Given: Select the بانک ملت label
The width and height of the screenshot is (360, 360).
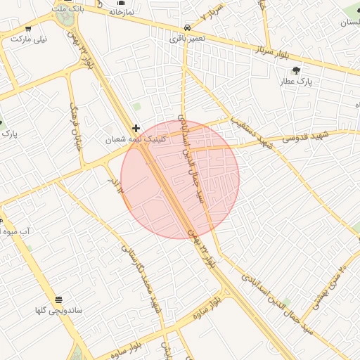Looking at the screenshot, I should [x=68, y=7].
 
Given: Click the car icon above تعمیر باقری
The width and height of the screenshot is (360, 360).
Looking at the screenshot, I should [x=186, y=26].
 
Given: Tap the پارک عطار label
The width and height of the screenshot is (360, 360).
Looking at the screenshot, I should [x=296, y=82].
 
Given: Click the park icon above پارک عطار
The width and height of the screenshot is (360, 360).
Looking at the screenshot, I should [x=296, y=70].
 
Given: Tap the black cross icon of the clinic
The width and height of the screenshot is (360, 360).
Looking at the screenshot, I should [x=136, y=128].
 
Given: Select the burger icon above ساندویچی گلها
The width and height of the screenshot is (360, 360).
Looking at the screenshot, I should [x=58, y=299].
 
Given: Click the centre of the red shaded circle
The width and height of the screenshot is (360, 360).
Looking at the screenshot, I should [x=180, y=179].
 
